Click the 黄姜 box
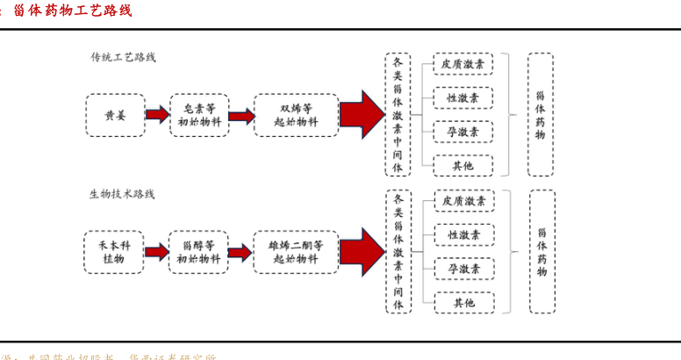[115, 115]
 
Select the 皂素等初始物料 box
[199, 115]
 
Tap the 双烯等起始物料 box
[296, 115]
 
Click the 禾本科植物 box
[114, 252]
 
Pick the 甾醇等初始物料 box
[198, 252]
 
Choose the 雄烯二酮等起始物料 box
[296, 252]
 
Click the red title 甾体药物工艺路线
[73, 11]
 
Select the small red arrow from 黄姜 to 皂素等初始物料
[157, 115]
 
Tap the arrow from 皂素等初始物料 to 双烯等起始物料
[240, 115]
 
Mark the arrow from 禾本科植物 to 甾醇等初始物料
[157, 252]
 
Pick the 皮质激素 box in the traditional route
[462, 64]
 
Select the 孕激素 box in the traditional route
[462, 132]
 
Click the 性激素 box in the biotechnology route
[463, 235]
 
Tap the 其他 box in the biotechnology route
[463, 303]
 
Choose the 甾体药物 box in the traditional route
[541, 115]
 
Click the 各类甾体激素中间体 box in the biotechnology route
[398, 252]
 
